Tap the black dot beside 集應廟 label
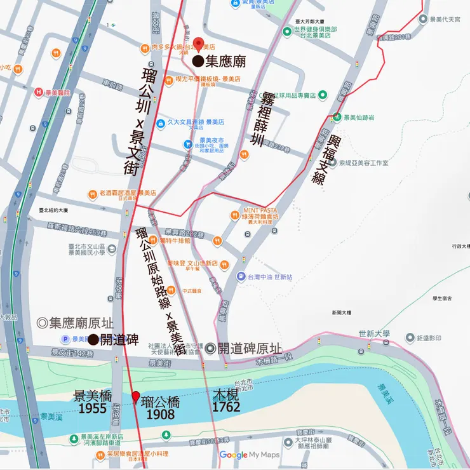pos(198,62)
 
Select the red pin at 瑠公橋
pos(135,397)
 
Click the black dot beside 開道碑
pos(93,340)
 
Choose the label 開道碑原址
pos(244,348)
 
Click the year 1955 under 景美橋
pos(93,408)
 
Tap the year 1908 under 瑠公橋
pos(160,414)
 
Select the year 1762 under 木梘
pos(226,406)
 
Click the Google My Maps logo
pos(249,455)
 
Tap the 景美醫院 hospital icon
pos(39,93)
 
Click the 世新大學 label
pos(373,333)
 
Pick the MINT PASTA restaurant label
pos(261,210)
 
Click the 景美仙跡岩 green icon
pos(336,117)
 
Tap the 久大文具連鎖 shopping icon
pos(161,123)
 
